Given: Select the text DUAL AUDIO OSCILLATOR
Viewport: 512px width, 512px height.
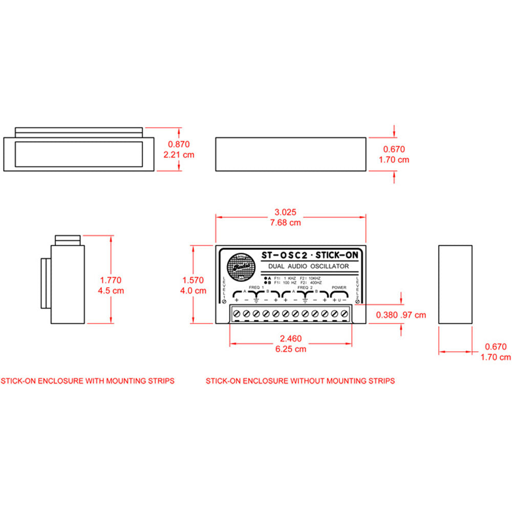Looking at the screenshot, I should [x=308, y=266].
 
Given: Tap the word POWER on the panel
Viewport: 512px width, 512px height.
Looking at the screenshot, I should [x=339, y=288].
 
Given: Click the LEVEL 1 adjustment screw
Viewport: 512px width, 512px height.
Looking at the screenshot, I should [x=225, y=302].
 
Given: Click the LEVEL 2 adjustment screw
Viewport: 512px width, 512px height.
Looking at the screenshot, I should [x=357, y=302].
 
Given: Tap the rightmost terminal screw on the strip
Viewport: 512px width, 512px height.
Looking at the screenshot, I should [x=345, y=313].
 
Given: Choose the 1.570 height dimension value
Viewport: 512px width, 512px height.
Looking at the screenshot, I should [x=193, y=280].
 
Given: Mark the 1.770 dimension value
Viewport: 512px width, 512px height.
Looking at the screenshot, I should [x=111, y=280].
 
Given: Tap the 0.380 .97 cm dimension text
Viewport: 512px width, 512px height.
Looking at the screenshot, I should [x=400, y=315].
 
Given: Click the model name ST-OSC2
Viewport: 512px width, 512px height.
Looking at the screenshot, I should [x=284, y=254].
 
